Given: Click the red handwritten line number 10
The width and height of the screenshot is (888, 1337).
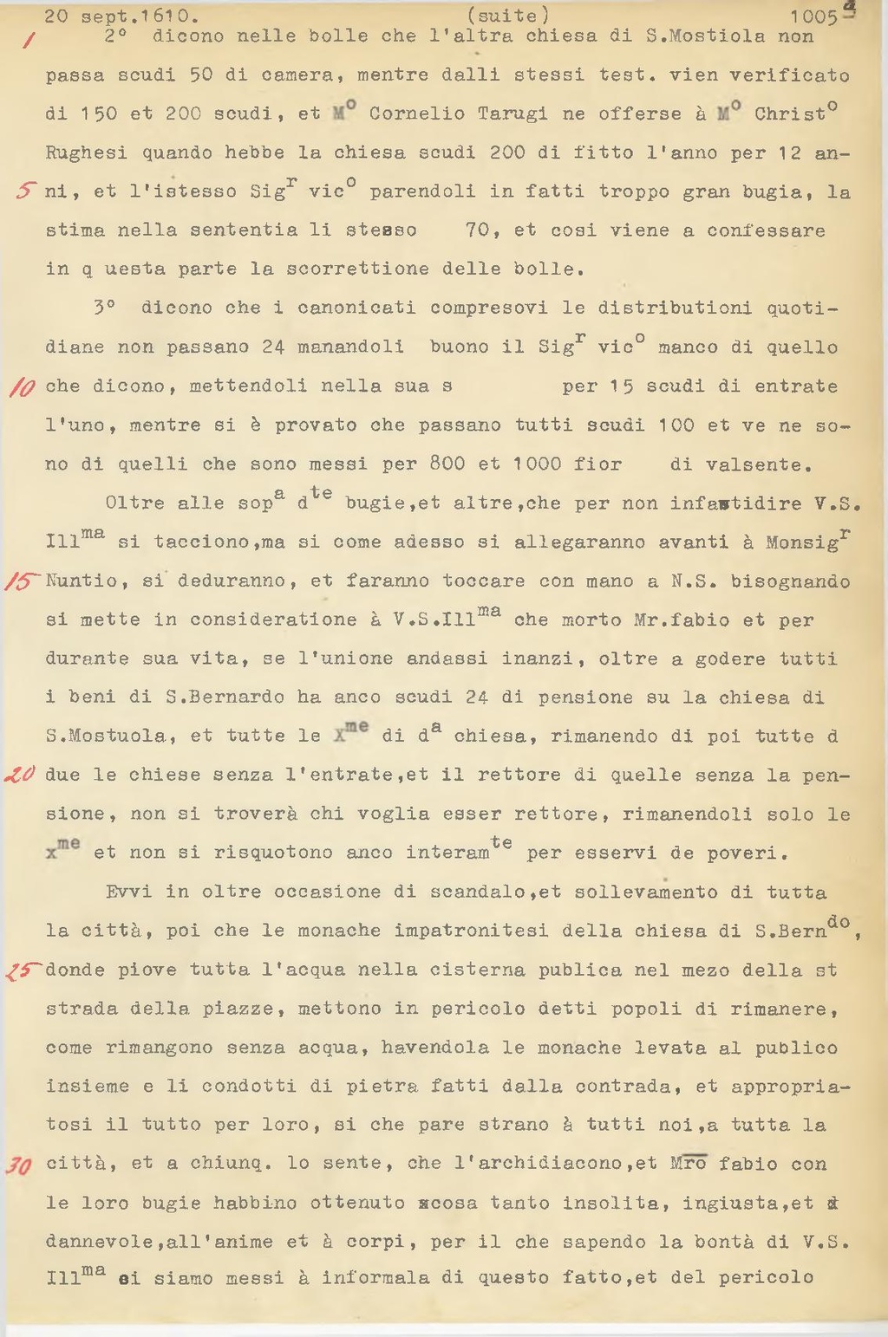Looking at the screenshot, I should point(21,387).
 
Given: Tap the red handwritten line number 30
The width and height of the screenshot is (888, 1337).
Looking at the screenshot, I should point(19,1165).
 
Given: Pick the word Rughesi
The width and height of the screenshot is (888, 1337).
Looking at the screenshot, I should point(87,153).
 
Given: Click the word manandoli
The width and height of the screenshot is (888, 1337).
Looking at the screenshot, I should point(350,347).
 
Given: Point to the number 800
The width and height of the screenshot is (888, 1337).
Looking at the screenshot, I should point(447,464).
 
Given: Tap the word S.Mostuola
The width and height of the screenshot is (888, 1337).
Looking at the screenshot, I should point(106,737).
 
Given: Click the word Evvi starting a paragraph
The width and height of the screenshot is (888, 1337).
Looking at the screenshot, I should point(128,892).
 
